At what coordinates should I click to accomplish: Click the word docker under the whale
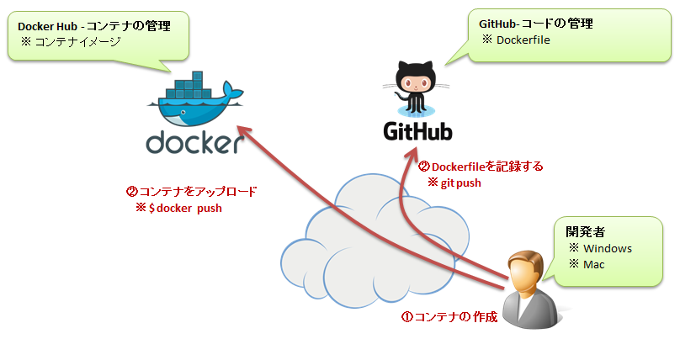click(x=195, y=142)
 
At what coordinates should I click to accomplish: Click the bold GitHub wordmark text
click(x=417, y=132)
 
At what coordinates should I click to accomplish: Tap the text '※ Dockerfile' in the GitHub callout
click(x=516, y=40)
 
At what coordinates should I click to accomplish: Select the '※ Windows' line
click(x=600, y=248)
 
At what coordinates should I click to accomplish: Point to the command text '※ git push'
click(x=454, y=182)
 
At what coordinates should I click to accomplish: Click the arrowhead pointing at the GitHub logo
click(x=413, y=154)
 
